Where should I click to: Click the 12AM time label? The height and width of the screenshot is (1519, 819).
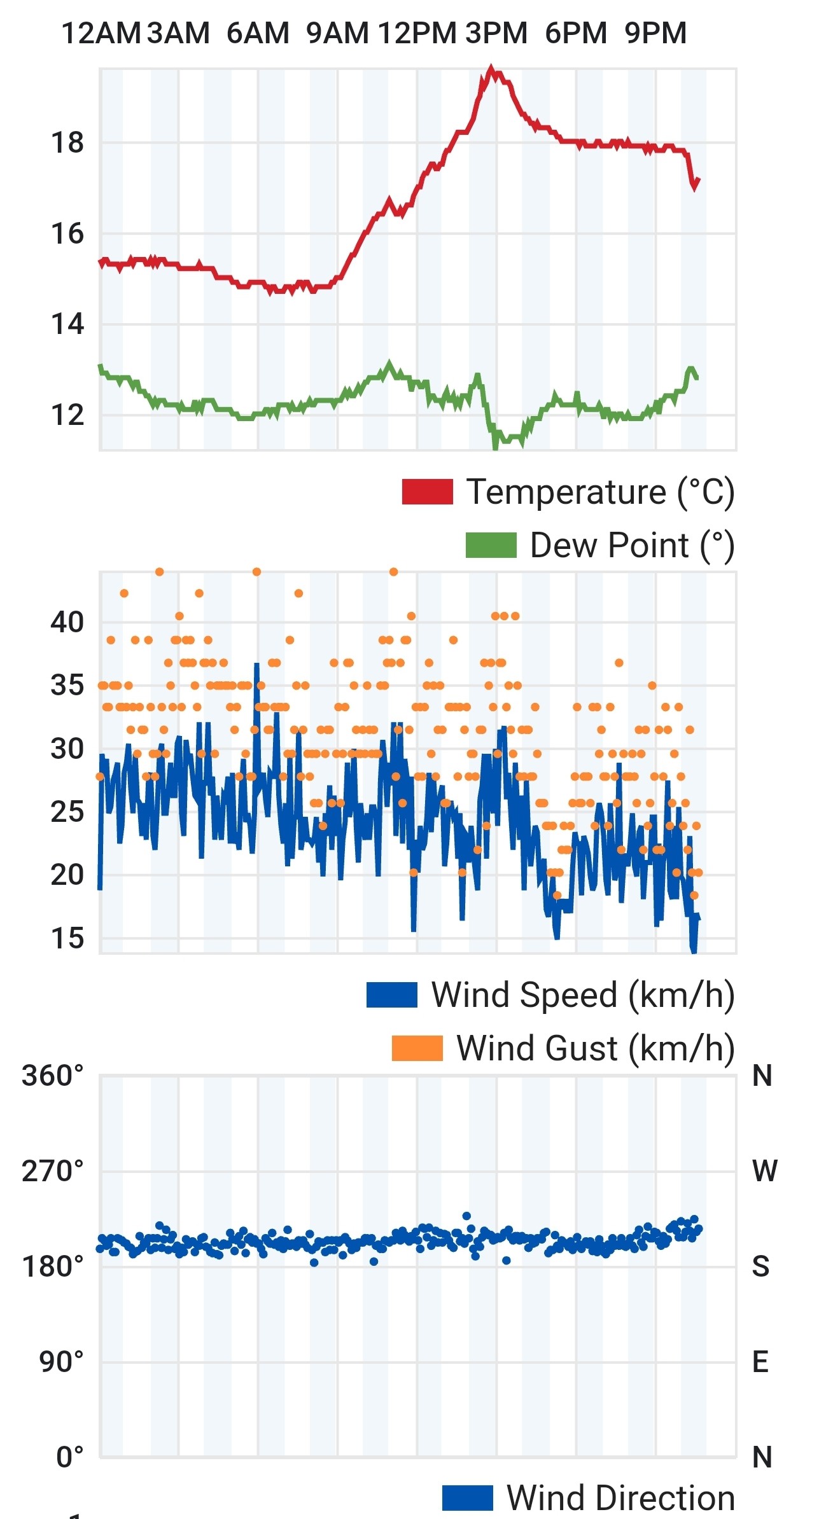tap(101, 33)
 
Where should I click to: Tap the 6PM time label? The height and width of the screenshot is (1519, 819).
tap(576, 33)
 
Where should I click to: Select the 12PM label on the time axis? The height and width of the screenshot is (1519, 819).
tap(417, 33)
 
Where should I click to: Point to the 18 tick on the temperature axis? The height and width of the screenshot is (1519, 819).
tap(67, 142)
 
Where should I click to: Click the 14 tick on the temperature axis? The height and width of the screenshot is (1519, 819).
tap(67, 324)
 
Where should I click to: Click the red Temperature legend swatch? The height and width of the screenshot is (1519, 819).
tap(427, 492)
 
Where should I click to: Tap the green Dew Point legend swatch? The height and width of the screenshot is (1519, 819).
tap(491, 545)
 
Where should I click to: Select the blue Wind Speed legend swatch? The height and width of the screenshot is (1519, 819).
tap(391, 995)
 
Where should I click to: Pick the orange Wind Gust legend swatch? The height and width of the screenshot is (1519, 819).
tap(417, 1048)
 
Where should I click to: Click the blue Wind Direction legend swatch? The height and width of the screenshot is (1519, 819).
tap(467, 1497)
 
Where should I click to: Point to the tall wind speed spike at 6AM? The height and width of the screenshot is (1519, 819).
tap(257, 664)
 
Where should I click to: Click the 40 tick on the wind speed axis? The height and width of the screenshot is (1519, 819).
tap(67, 622)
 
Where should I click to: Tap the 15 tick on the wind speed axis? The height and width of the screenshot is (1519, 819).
tap(67, 938)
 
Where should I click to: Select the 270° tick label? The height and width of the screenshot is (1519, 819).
tap(53, 1170)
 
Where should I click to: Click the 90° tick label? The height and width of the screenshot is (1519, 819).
tap(61, 1361)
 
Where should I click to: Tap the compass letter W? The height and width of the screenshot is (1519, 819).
tap(764, 1170)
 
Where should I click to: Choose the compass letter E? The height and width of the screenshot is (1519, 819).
tap(760, 1361)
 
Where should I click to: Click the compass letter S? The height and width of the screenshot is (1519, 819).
tap(761, 1266)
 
